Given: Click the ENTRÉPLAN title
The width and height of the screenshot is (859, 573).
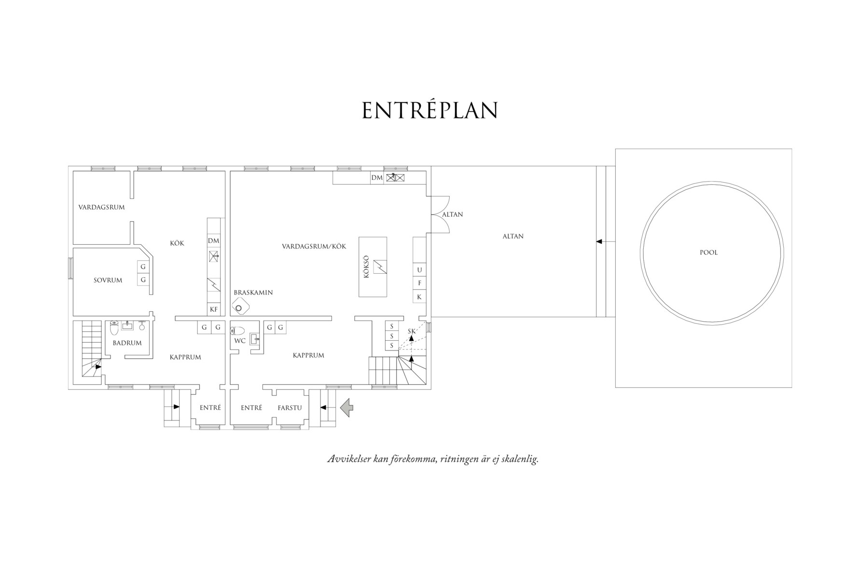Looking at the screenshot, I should click(x=429, y=110).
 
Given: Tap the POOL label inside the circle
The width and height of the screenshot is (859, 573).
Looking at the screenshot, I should click(x=708, y=252).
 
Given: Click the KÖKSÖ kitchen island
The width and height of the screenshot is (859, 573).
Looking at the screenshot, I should click(x=373, y=267).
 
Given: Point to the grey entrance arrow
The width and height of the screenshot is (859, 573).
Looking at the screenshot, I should click(x=346, y=407).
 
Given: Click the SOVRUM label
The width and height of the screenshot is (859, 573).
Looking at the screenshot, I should click(x=108, y=280).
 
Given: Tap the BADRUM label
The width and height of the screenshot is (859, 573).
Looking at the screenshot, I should click(x=127, y=343).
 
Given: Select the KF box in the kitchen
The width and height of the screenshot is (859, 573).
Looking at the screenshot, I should click(x=214, y=309).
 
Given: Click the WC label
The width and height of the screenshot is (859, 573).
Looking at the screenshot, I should click(x=240, y=341).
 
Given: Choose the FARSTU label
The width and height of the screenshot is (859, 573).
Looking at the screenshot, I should click(x=290, y=408).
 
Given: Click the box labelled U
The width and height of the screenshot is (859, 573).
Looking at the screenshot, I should click(x=419, y=270).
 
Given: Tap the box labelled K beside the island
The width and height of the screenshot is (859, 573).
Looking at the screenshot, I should click(x=419, y=297).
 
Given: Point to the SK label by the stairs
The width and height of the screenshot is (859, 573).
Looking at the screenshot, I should click(x=412, y=331).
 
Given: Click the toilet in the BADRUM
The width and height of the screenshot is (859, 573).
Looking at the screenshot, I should click(x=114, y=328).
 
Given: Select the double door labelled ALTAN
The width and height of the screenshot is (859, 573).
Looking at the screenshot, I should click(x=440, y=214).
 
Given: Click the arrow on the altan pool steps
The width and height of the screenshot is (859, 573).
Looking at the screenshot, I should click(x=599, y=241).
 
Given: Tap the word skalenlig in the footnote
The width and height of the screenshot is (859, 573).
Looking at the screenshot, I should click(x=520, y=459).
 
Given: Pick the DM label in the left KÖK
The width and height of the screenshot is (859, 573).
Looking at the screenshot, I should click(x=213, y=240).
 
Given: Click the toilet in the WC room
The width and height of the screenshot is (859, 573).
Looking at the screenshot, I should click(x=238, y=331).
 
